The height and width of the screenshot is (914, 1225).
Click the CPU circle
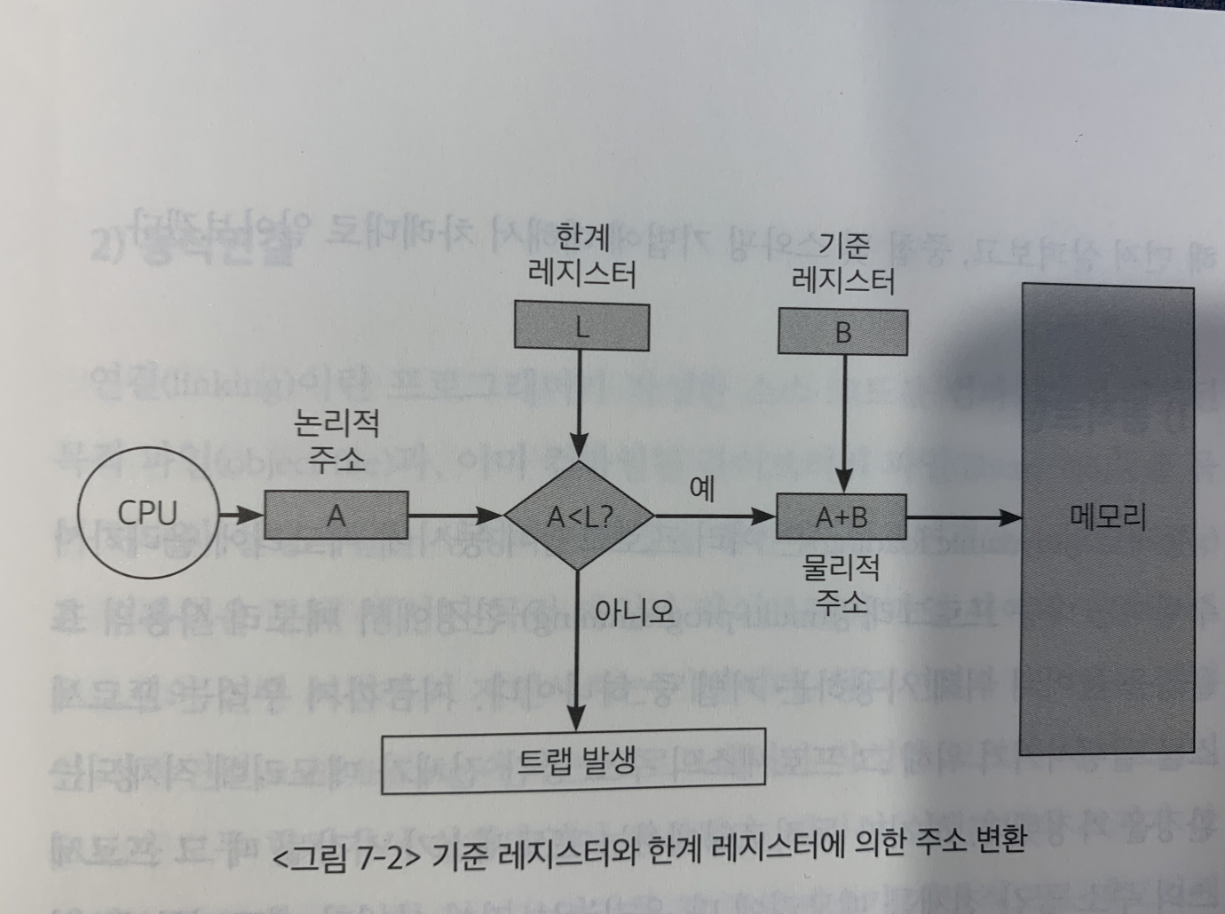pyautogui.click(x=147, y=513)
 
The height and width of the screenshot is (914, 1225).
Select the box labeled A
pyautogui.click(x=336, y=516)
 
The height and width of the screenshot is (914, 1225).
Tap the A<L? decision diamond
pyautogui.click(x=579, y=516)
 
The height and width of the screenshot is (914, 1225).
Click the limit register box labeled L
pyautogui.click(x=581, y=327)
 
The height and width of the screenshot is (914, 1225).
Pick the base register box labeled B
pyautogui.click(x=842, y=332)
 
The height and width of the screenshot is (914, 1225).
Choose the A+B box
pyautogui.click(x=841, y=516)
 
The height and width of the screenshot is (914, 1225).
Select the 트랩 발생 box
pyautogui.click(x=573, y=760)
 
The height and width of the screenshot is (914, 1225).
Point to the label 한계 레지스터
pyautogui.click(x=581, y=256)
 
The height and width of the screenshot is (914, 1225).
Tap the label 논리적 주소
pyautogui.click(x=336, y=440)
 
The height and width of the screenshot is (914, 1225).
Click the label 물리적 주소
pyautogui.click(x=840, y=584)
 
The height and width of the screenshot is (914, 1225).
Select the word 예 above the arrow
pyautogui.click(x=701, y=488)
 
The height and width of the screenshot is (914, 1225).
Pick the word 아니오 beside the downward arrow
pyautogui.click(x=634, y=611)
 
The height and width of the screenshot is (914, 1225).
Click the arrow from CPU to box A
pyautogui.click(x=241, y=514)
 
